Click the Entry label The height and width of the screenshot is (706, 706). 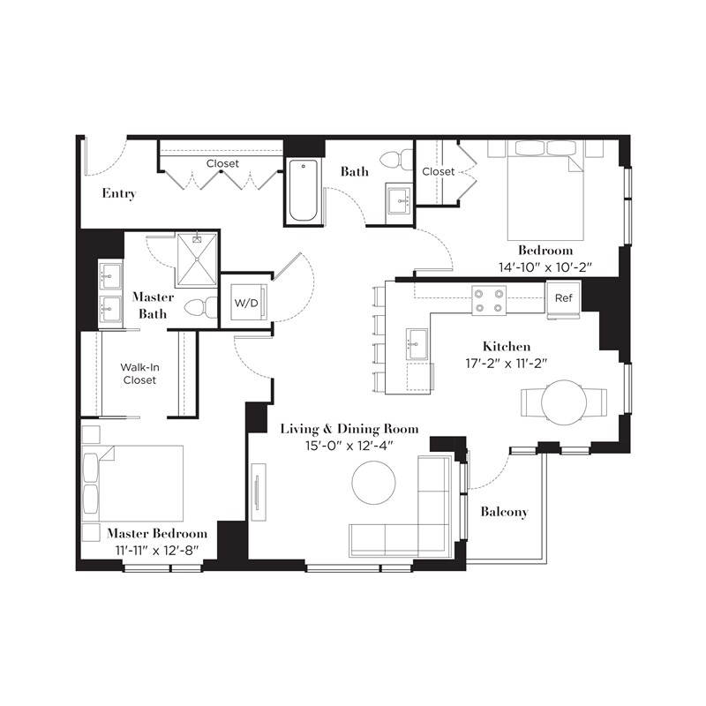(x=118, y=193)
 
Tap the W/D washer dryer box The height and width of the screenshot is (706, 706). (x=246, y=303)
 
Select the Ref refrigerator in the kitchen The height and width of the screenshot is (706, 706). (x=564, y=297)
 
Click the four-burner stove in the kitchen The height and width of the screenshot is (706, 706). (x=488, y=300)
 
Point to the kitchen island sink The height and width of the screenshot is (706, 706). (x=418, y=343)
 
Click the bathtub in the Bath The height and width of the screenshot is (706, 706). (x=303, y=191)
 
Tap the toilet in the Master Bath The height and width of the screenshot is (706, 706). (x=202, y=308)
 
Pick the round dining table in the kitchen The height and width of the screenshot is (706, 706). (x=563, y=402)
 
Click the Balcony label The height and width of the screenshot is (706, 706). (x=504, y=512)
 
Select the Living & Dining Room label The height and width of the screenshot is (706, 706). (x=349, y=429)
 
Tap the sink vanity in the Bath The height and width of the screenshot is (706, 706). (x=398, y=200)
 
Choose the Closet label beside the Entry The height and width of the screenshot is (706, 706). (x=222, y=163)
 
